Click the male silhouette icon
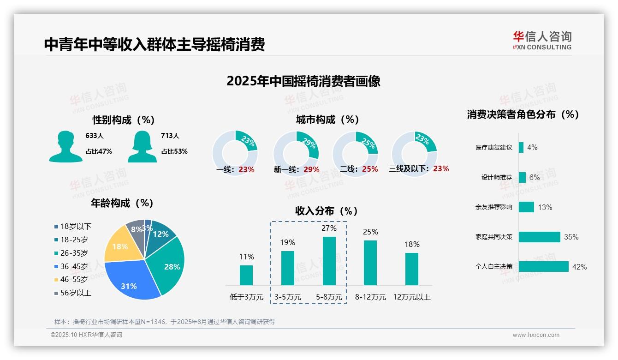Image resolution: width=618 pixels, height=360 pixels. click(x=65, y=146)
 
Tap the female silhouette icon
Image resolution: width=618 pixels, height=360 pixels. click(x=142, y=146)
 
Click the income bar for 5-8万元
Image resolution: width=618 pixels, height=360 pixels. click(x=329, y=261)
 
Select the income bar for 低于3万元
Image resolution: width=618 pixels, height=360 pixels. click(x=246, y=275)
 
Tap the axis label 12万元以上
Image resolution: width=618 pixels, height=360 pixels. click(x=412, y=297)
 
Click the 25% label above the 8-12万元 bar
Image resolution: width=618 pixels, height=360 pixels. click(x=370, y=232)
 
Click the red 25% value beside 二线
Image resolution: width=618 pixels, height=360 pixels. click(x=370, y=169)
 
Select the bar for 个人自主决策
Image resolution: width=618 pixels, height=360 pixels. click(x=543, y=267)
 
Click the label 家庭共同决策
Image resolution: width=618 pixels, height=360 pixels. click(x=494, y=237)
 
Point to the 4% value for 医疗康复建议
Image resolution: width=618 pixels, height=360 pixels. click(x=532, y=147)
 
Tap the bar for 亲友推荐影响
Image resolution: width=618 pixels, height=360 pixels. click(x=526, y=207)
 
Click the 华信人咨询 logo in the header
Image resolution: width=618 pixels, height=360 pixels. click(x=542, y=40)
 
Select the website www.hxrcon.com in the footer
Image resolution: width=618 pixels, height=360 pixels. click(x=536, y=335)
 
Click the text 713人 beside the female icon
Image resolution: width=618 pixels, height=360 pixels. click(x=170, y=136)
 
